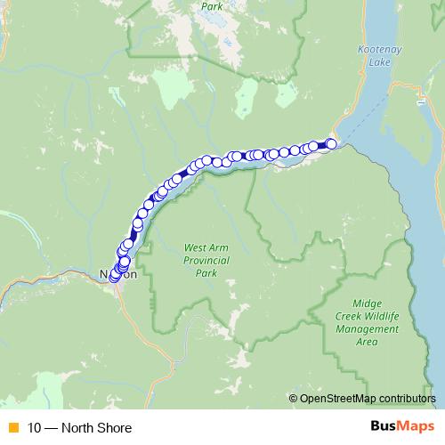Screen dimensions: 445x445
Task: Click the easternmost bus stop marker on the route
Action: [332, 143]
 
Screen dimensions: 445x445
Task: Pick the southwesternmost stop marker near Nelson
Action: [114, 278]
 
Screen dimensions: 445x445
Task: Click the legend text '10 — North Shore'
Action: [79, 428]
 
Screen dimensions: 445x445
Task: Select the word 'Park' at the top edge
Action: [212, 5]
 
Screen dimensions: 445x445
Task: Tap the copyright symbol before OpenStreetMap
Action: [294, 398]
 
